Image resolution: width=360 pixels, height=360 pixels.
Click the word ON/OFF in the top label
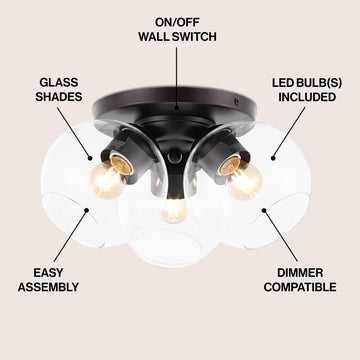point(177,23)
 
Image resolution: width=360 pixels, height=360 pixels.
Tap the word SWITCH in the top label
point(193,37)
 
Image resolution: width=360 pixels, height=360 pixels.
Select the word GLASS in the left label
point(59,82)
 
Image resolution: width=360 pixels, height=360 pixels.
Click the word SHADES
point(59,97)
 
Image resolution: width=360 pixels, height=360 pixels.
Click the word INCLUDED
point(307,97)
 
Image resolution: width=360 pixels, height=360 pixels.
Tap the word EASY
point(48,273)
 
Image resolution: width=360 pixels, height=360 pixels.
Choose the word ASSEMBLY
point(48,287)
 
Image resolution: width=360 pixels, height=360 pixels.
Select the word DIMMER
point(300,273)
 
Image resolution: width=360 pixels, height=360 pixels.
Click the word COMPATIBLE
point(300,287)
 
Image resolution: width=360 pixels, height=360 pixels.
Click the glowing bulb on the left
point(106,181)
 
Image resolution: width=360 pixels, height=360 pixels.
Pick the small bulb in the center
point(174,210)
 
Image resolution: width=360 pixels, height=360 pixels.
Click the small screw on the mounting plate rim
point(236,100)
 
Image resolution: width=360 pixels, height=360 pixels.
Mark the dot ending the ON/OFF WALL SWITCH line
point(177,108)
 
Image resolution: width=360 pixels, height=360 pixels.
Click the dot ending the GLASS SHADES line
point(89,158)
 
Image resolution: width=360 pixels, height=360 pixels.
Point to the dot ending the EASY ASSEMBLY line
point(87,210)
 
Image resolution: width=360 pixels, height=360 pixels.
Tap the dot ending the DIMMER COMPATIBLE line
point(264,210)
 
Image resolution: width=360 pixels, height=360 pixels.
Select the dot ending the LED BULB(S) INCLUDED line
point(273,158)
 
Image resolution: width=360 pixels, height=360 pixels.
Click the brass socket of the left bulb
point(121,162)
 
